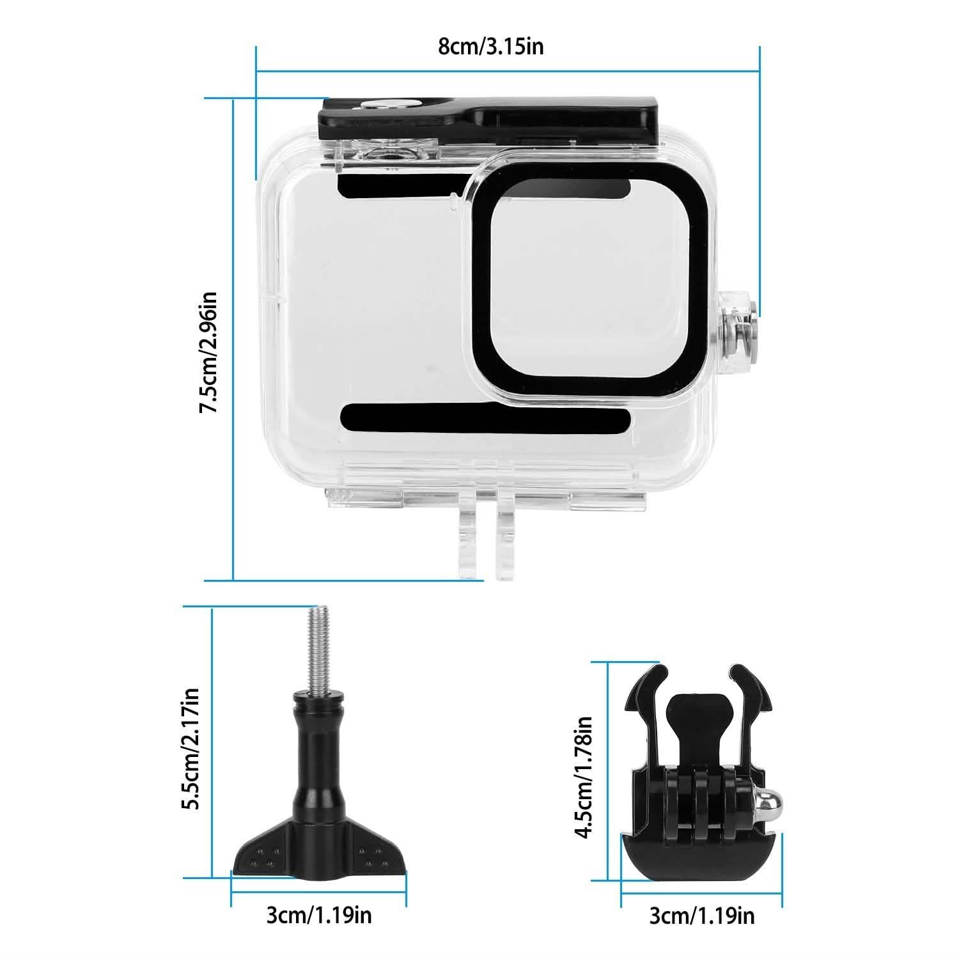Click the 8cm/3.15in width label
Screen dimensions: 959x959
tap(490, 47)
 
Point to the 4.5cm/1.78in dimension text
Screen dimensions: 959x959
tap(583, 777)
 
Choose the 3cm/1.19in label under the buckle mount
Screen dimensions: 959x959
tap(701, 916)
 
